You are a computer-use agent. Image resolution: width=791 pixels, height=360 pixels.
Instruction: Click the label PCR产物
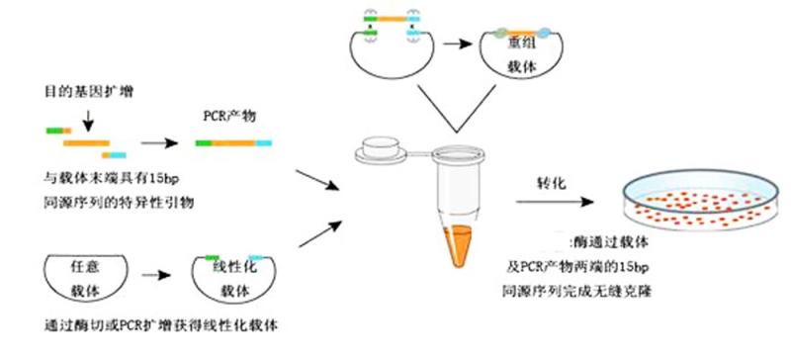[228, 116]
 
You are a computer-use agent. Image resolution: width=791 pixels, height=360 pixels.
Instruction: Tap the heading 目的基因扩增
[86, 91]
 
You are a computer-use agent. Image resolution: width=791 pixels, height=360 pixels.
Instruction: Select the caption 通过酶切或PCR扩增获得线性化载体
[146, 325]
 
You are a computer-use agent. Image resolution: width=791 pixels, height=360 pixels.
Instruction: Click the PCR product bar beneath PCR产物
[233, 143]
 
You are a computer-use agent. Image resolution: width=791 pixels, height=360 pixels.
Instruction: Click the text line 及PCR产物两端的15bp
[573, 267]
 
